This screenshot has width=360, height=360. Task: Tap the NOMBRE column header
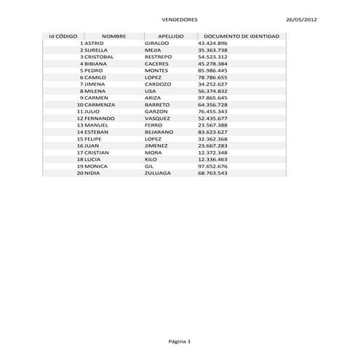[x=114, y=36]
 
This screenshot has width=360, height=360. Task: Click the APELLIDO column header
[x=165, y=36]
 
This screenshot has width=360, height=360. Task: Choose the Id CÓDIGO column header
[x=63, y=36]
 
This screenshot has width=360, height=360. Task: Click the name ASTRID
[x=95, y=43]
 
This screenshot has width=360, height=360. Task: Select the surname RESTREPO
[x=159, y=57]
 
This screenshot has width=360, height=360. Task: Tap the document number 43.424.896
[x=212, y=43]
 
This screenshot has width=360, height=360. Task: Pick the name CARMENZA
[x=99, y=105]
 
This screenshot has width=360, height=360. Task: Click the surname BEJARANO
[x=159, y=132]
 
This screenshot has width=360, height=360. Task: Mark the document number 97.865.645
[x=212, y=97]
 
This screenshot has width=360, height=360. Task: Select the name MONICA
[x=96, y=167]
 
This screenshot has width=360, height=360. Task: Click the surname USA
[x=151, y=91]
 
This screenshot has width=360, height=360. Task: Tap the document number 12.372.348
[x=212, y=153]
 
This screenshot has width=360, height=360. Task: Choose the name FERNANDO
[x=100, y=119]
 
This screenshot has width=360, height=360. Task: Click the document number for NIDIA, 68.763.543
[x=212, y=173]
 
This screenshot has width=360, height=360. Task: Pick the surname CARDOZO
[x=159, y=84]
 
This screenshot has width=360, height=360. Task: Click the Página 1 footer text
[x=179, y=341]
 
